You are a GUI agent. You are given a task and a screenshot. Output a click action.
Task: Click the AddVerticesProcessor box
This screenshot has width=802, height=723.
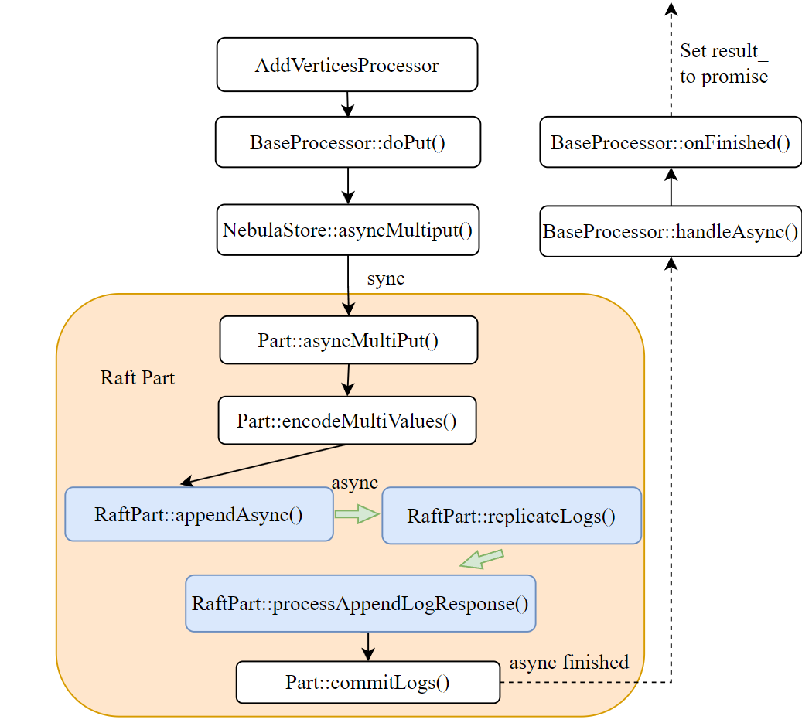click(x=346, y=65)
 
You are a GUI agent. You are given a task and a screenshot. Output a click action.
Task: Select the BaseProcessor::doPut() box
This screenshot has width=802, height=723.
click(x=347, y=142)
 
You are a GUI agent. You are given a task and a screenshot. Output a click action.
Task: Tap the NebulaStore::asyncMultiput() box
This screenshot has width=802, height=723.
click(x=347, y=230)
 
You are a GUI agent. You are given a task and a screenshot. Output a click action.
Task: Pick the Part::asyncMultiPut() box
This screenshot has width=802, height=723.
click(x=348, y=340)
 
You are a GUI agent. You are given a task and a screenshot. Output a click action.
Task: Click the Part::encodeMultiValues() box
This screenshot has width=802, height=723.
click(x=346, y=421)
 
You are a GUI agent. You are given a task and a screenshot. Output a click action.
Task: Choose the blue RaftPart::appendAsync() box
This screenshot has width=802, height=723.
click(x=199, y=514)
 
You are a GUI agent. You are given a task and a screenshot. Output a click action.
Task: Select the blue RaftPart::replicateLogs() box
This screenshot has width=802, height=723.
click(x=511, y=516)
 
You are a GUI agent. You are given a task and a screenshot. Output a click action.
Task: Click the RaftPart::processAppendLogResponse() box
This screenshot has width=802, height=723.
click(x=360, y=603)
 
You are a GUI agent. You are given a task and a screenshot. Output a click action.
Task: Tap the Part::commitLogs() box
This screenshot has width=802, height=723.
click(x=367, y=682)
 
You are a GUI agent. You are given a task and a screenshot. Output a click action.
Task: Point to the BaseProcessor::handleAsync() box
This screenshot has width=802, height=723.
click(x=671, y=230)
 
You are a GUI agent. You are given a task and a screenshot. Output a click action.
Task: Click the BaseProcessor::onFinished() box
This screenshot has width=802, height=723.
click(x=671, y=142)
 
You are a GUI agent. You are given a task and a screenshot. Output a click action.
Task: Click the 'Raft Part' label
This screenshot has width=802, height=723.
click(x=138, y=377)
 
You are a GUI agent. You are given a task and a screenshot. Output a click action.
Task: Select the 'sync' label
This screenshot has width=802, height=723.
click(x=385, y=278)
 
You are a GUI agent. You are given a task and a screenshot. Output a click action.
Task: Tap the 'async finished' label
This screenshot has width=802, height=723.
click(x=568, y=662)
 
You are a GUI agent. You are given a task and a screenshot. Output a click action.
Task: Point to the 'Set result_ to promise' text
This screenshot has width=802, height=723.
click(x=723, y=64)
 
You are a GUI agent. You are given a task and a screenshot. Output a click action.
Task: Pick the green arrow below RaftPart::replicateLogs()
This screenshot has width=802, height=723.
click(x=481, y=559)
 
